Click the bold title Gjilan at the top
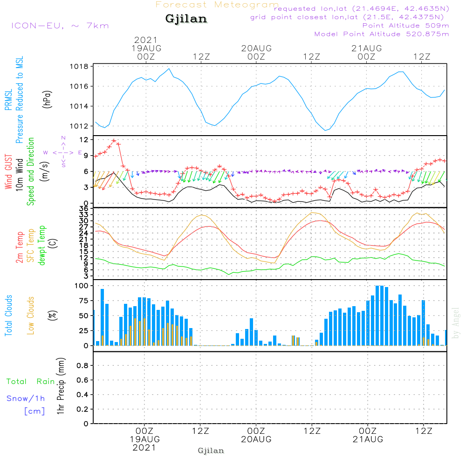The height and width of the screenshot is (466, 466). [186, 19]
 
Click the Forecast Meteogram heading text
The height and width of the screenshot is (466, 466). [217, 5]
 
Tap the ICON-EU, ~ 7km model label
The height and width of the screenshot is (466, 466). [60, 25]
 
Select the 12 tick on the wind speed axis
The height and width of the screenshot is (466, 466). [84, 140]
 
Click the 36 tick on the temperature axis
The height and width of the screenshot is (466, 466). [84, 209]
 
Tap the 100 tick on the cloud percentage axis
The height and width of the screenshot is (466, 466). [82, 286]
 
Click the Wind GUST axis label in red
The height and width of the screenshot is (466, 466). [8, 172]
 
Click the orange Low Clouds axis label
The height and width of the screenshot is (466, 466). [31, 315]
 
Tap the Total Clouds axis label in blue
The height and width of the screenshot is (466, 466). [8, 315]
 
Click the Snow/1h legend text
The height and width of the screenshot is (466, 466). [26, 399]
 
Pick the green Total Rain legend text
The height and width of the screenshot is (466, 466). [30, 382]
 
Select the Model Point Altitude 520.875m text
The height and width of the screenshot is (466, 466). [382, 34]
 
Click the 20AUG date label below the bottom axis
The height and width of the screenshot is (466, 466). [256, 439]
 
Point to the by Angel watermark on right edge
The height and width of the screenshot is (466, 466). [456, 322]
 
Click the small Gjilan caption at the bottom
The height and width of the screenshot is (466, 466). [211, 451]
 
